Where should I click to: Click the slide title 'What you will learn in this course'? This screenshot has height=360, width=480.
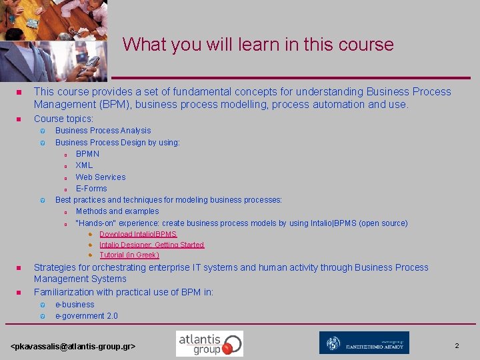point(258,45)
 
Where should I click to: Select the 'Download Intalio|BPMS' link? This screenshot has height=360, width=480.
point(138,235)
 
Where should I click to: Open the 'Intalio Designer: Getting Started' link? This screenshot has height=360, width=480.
point(151,245)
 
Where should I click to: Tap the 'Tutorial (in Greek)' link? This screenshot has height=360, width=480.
point(129,255)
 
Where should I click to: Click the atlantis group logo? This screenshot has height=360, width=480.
point(209,343)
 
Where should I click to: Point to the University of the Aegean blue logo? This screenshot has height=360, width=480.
point(364,343)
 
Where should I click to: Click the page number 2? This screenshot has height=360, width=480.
point(457,346)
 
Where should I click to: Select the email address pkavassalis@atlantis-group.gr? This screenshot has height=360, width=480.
point(73,347)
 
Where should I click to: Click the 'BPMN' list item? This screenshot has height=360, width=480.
point(87,154)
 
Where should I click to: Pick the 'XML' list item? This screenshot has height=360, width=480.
point(84,165)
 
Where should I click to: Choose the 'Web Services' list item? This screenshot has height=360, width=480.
point(100,177)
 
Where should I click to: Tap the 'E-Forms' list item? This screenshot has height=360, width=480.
point(91,188)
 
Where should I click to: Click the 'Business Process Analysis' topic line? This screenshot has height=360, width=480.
point(103,131)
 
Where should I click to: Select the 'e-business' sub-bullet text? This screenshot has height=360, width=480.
point(75,305)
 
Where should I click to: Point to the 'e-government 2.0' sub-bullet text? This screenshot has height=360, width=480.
point(86,316)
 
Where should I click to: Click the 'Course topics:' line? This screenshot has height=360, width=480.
point(63,119)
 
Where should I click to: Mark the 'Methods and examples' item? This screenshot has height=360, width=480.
point(117,211)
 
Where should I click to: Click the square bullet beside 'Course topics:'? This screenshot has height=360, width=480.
point(19,119)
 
